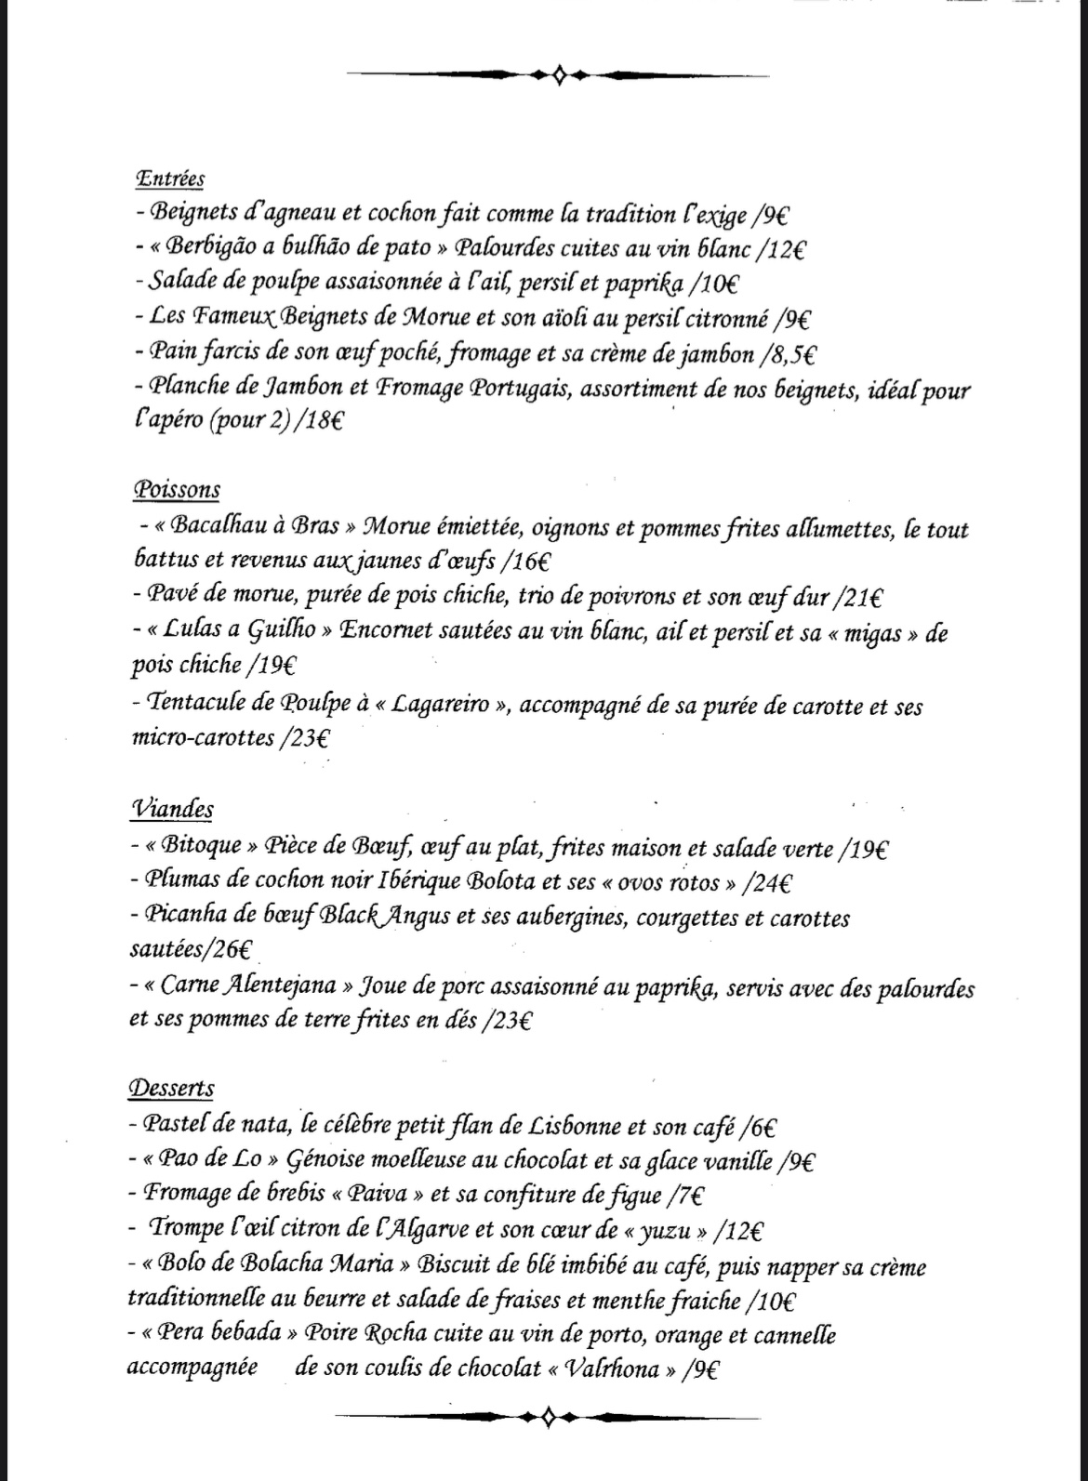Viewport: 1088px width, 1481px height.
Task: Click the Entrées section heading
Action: [x=170, y=179]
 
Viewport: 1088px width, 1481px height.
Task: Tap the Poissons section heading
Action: [x=177, y=490]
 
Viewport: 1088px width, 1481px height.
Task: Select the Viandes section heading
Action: [x=173, y=809]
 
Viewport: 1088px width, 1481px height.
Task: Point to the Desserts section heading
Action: [x=173, y=1088]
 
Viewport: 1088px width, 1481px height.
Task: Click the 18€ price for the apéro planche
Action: [x=320, y=421]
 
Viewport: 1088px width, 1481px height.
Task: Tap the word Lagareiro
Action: [x=441, y=705]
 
